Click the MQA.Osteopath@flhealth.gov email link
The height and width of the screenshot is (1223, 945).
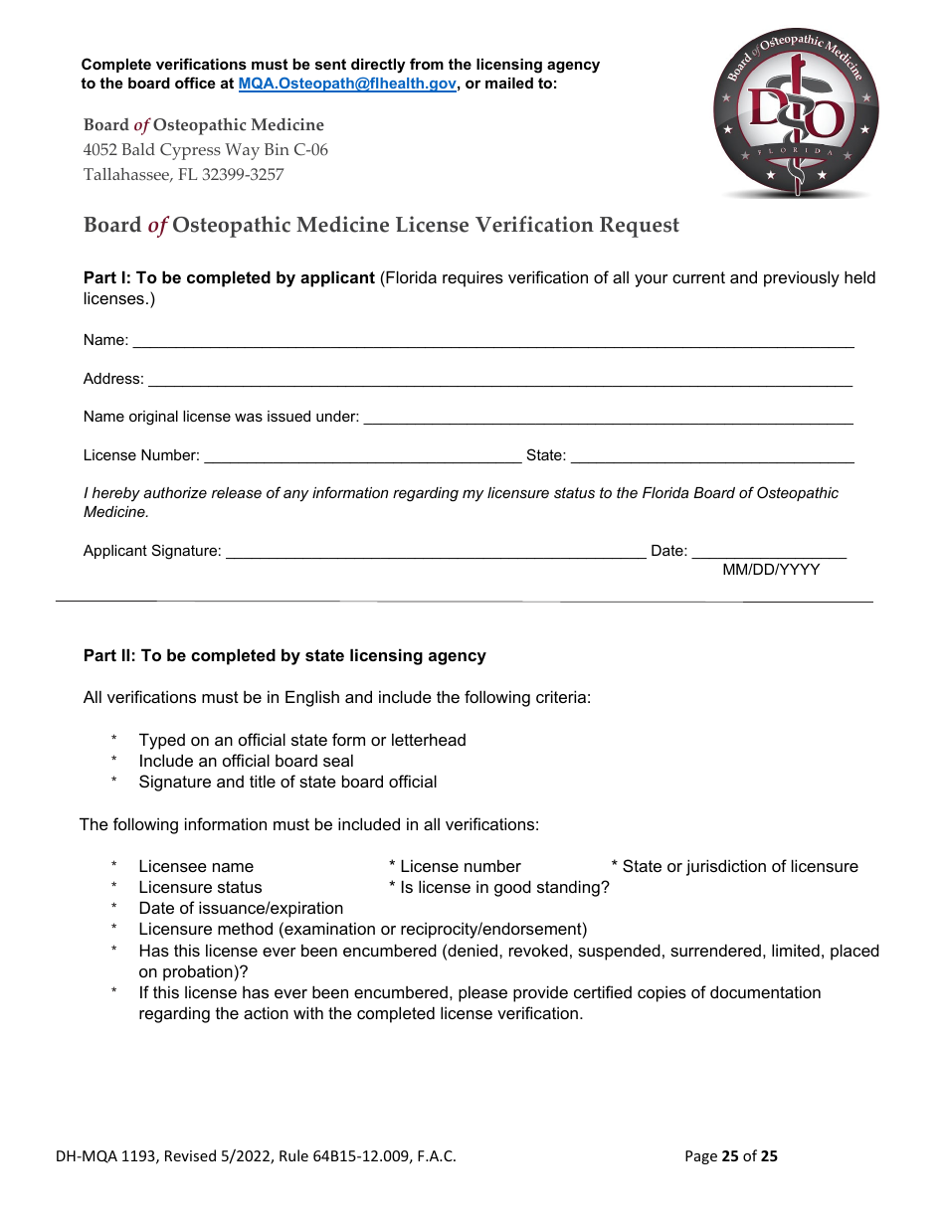347,85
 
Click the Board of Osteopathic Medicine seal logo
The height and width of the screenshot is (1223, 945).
796,112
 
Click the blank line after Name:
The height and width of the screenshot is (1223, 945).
492,341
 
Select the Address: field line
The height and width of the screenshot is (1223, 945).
499,380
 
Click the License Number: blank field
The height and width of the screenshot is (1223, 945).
362,456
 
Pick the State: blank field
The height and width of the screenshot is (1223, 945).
711,456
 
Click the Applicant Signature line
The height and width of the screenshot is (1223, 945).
436,552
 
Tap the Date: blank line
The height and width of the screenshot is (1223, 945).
768,552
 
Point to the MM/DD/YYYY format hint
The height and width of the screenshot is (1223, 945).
771,570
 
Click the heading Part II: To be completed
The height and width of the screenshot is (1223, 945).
284,656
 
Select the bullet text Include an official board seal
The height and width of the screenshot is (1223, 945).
246,762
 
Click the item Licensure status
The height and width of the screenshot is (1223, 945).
200,888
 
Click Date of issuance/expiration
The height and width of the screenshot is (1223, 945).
241,909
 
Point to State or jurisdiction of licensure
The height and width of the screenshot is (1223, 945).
739,867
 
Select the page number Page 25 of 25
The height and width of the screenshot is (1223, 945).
731,1156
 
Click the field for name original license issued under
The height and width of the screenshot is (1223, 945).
608,418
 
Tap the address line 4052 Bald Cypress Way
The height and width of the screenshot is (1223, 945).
205,150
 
